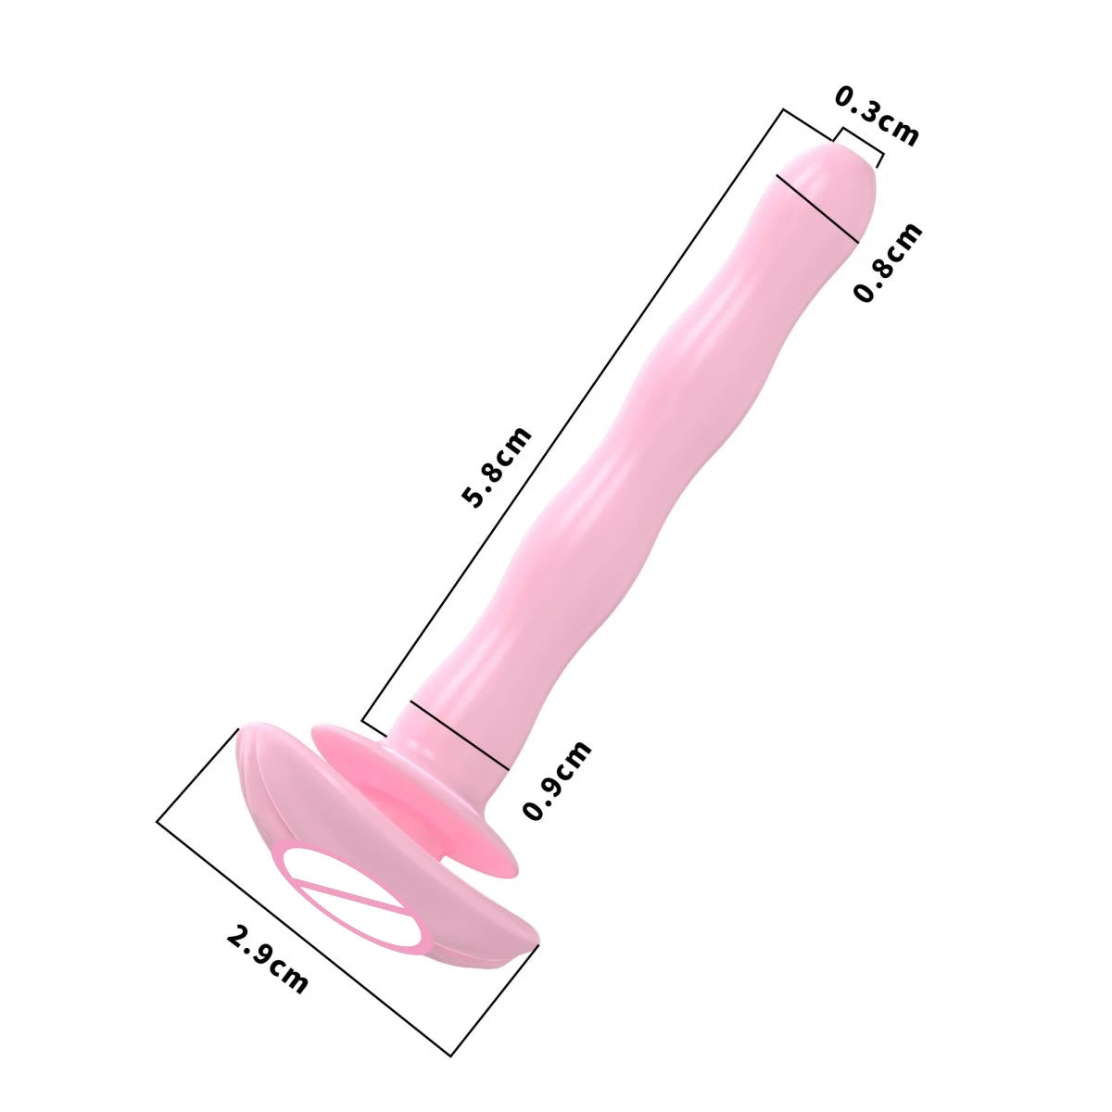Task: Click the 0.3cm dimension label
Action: [877, 116]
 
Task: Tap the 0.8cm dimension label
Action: [888, 262]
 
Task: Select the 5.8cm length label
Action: [498, 467]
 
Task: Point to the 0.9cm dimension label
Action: [556, 780]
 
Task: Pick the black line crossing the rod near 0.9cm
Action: [459, 733]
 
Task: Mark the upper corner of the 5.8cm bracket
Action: [784, 110]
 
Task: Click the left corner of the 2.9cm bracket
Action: [158, 820]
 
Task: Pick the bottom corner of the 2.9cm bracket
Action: [451, 1055]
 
